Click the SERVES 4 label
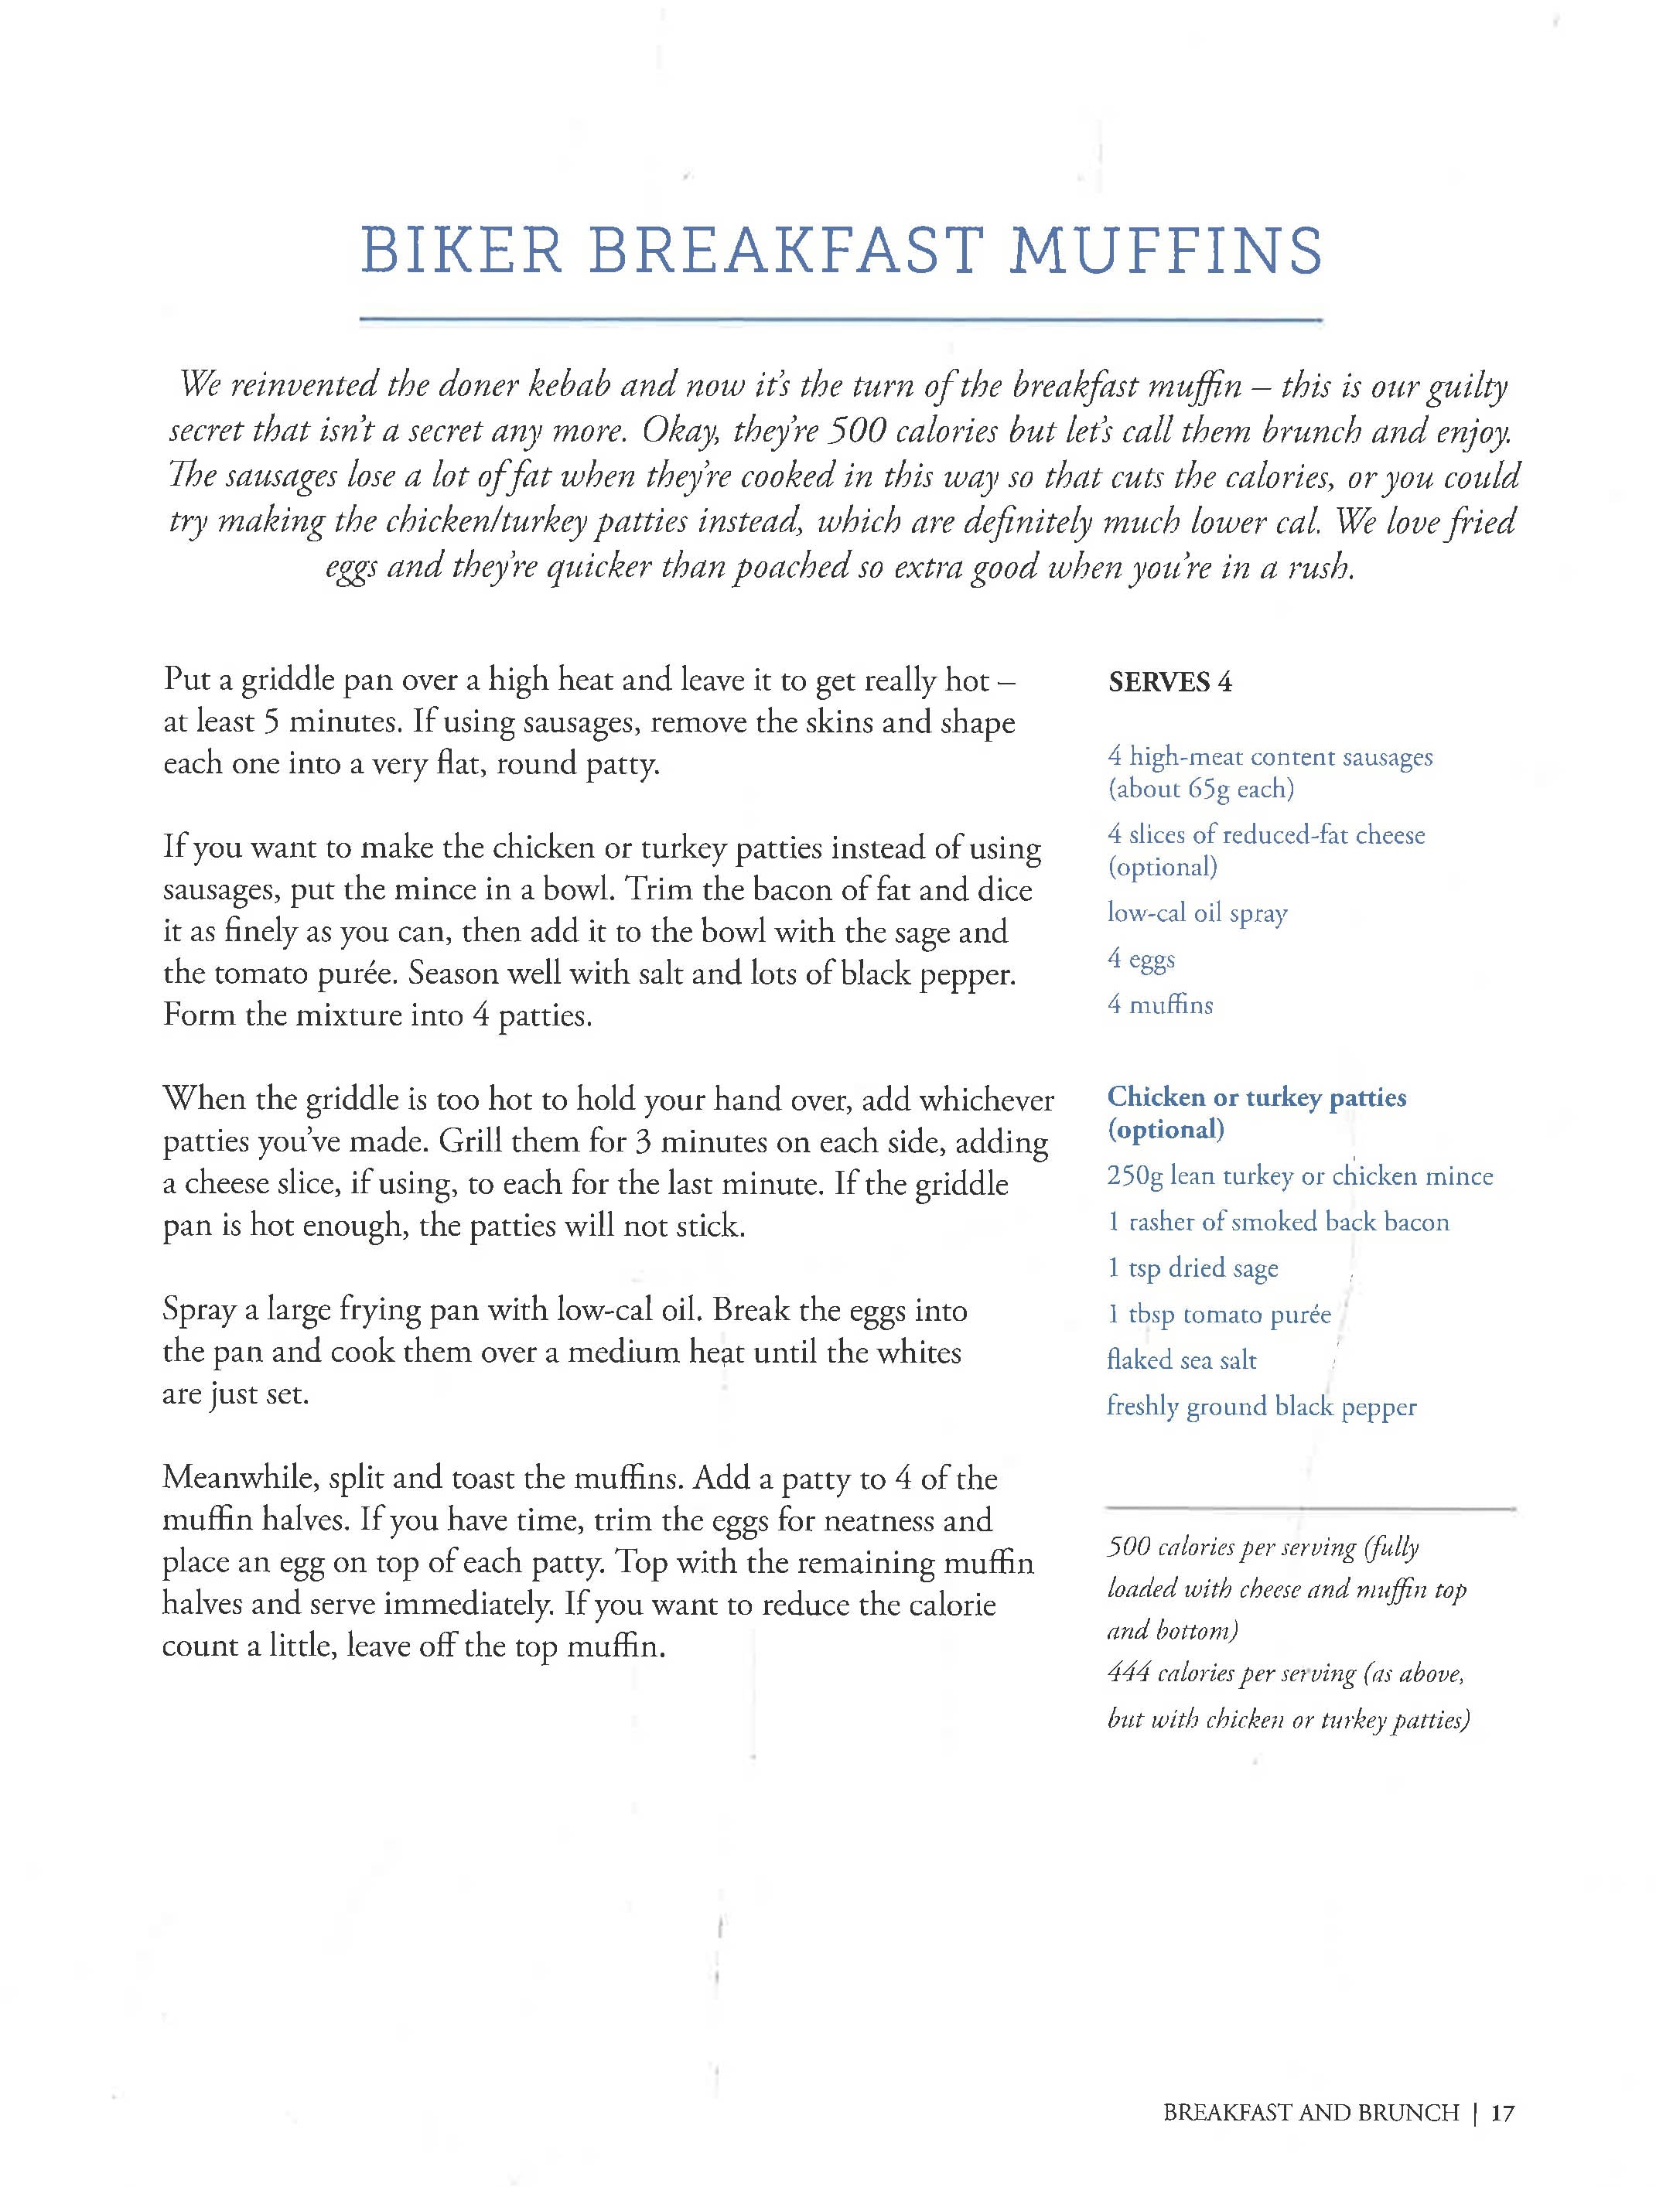point(1169,682)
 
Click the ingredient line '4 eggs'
point(1141,959)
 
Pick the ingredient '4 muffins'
point(1159,1005)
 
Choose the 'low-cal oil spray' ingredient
point(1197,913)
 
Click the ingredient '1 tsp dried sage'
point(1193,1268)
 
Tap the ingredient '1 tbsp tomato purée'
point(1219,1315)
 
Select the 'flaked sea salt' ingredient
point(1181,1360)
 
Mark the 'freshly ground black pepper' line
point(1261,1407)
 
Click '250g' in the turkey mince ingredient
point(1134,1176)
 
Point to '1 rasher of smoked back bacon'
point(1277,1223)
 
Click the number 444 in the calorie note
point(1128,1673)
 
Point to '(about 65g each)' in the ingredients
point(1200,789)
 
